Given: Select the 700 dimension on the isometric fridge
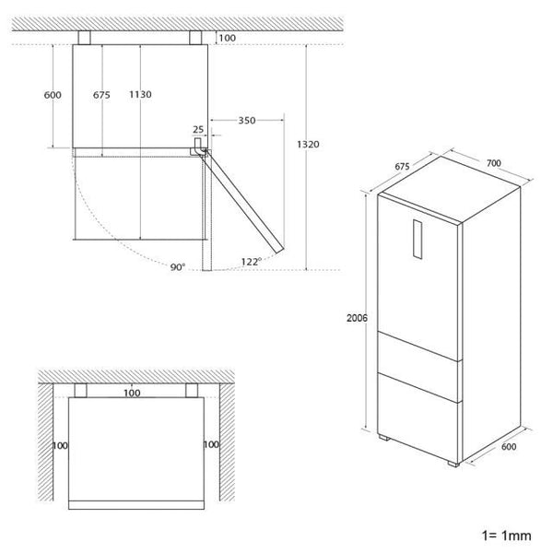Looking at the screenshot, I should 493,163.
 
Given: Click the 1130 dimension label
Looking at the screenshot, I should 140,94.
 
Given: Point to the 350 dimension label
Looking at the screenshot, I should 247,121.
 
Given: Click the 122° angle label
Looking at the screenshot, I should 251,262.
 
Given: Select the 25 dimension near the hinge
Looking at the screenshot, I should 198,130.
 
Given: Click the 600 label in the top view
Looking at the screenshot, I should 53,94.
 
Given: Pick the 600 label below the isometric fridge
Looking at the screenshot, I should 509,447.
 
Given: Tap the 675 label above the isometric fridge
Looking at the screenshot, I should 403,167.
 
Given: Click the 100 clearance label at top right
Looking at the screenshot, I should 228,38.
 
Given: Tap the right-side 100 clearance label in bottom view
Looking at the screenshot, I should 211,445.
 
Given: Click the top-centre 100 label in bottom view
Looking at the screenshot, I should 133,394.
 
